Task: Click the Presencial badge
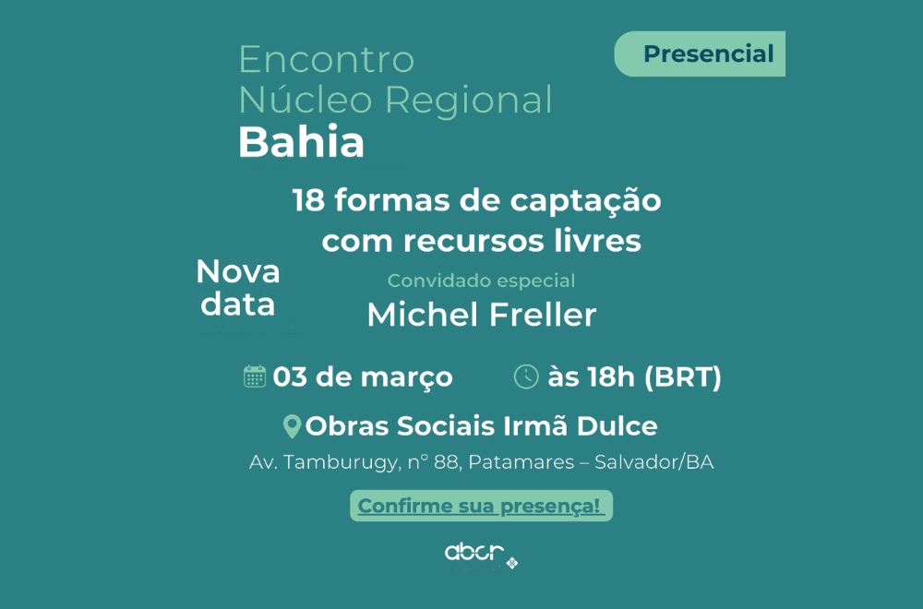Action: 708,54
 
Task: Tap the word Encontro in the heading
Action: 326,60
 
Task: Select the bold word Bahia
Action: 301,142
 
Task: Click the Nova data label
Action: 238,288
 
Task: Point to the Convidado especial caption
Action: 481,281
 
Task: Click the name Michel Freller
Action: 481,315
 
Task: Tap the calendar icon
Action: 255,376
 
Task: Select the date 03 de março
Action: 363,377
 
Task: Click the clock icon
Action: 525,376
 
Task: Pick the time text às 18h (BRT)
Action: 634,377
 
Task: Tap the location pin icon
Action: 292,426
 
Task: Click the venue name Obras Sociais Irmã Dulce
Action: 481,426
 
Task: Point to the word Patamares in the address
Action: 521,462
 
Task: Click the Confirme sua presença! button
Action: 480,506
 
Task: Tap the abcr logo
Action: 476,553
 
